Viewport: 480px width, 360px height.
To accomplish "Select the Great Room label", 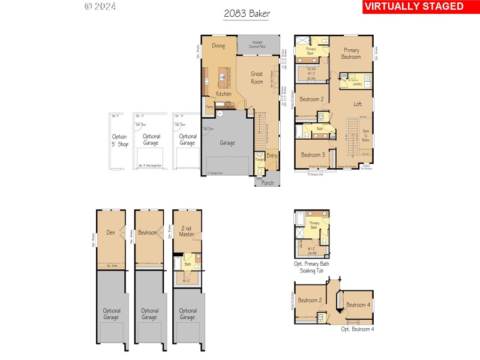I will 257,78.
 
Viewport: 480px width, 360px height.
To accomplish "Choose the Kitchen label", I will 223,94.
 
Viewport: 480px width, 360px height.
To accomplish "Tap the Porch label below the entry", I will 268,183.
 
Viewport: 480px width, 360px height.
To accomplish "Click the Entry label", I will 272,156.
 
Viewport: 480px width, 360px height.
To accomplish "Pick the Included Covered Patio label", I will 257,44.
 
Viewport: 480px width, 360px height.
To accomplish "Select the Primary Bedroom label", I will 351,53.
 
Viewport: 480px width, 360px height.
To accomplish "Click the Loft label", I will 357,104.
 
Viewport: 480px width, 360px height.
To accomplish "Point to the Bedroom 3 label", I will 313,154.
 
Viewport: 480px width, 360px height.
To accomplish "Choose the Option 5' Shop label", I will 119,140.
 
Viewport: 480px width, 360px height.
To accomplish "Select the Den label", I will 110,232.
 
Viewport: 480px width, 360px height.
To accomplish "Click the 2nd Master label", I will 187,230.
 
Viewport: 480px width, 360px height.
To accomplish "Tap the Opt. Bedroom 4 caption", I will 358,329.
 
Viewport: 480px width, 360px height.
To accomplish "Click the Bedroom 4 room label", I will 359,304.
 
